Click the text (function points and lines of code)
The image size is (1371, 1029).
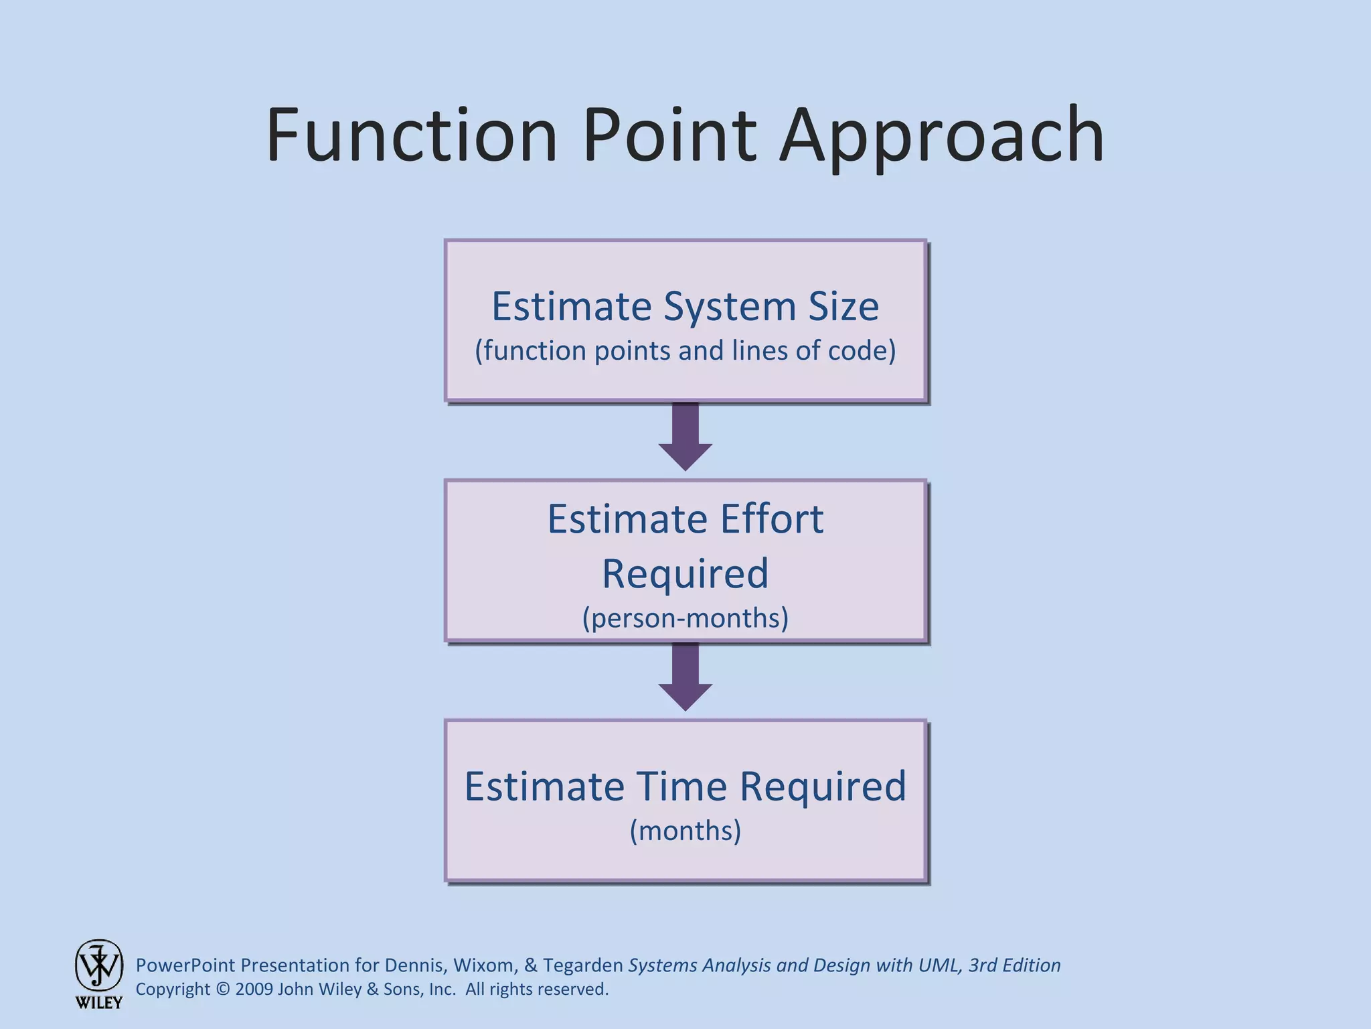[685, 351]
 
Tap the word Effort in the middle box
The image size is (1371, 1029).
[771, 519]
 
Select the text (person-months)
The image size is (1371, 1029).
[685, 618]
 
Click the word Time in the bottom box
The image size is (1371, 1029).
[681, 786]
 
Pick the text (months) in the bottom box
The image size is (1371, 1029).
[685, 831]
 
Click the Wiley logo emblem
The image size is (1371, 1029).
[99, 965]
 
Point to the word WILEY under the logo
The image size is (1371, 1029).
[99, 1003]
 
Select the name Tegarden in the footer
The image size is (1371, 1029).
[582, 965]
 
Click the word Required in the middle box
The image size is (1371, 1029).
[685, 574]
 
